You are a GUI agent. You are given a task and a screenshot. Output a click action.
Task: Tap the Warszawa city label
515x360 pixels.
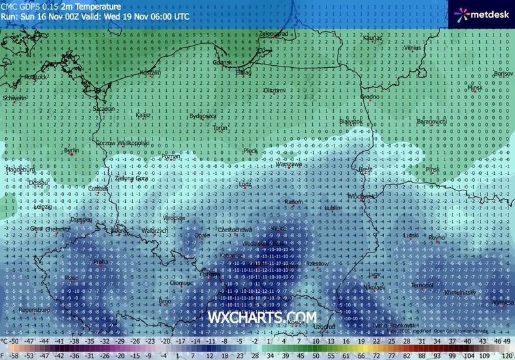pyautogui.click(x=287, y=164)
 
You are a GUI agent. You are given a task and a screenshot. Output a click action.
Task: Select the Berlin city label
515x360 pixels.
pyautogui.click(x=71, y=151)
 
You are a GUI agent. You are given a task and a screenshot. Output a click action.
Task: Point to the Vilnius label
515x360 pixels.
pyautogui.click(x=413, y=48)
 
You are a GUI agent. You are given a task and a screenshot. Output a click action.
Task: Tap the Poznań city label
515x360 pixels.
pyautogui.click(x=171, y=157)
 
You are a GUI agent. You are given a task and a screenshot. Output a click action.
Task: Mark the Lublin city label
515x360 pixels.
pyautogui.click(x=332, y=207)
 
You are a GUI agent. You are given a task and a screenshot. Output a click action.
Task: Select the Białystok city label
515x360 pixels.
pyautogui.click(x=351, y=121)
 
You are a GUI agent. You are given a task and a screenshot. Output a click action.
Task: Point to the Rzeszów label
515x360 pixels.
pyautogui.click(x=317, y=263)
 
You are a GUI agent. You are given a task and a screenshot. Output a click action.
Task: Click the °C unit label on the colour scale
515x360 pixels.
pyautogui.click(x=5, y=341)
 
